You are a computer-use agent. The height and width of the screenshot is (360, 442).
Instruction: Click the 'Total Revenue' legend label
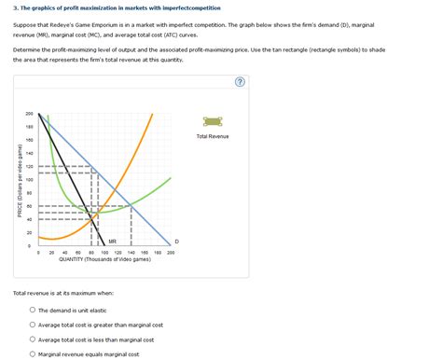point(212,136)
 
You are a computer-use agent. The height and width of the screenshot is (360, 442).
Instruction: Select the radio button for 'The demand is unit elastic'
point(33,310)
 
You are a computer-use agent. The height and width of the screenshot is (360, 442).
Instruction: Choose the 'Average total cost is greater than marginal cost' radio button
point(33,325)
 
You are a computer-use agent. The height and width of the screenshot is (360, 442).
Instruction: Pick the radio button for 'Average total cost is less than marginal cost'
point(33,339)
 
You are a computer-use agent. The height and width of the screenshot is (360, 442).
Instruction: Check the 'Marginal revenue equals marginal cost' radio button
point(33,354)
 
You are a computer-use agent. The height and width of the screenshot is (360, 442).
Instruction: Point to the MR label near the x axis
point(112,241)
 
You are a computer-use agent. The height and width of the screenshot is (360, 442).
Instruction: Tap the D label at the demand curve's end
point(176,242)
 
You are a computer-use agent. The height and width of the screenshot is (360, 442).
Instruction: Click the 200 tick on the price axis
point(29,114)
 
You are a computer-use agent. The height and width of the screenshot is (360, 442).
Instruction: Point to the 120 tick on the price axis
point(29,166)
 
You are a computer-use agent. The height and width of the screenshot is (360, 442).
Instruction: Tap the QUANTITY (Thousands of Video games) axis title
point(104,260)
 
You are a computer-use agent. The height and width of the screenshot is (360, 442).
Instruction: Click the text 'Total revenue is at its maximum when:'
point(63,292)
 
